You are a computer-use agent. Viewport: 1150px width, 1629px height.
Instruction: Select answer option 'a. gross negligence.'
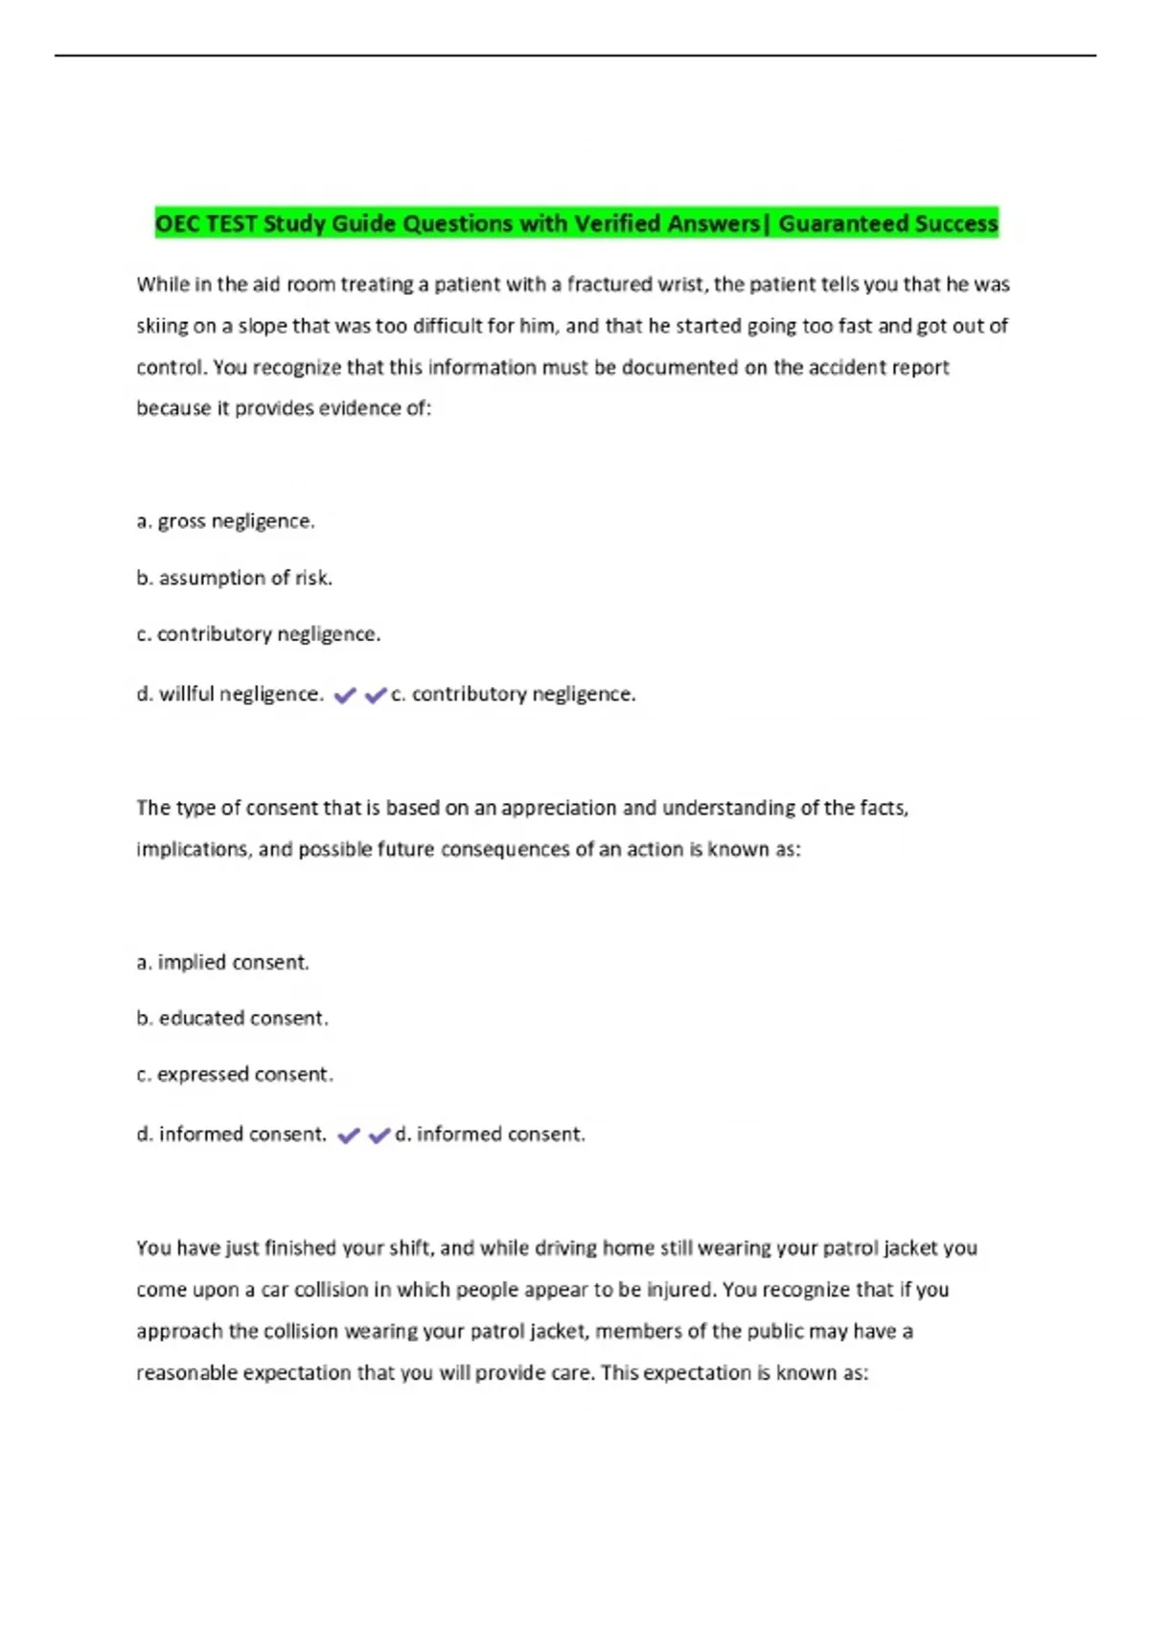[225, 521]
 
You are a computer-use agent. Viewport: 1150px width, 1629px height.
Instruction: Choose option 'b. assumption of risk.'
[234, 578]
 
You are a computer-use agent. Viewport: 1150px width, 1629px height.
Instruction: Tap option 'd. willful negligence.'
[230, 694]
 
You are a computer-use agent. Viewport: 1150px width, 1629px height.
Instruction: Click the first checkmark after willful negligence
[345, 696]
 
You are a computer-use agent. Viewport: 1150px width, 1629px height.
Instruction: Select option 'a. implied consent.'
[222, 962]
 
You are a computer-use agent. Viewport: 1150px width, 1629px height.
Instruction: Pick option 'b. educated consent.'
[232, 1018]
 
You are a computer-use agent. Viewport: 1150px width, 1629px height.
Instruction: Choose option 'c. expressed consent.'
[235, 1074]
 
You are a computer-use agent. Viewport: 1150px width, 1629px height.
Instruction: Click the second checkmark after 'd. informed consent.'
[379, 1136]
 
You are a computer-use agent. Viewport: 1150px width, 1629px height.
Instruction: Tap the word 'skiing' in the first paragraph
[162, 326]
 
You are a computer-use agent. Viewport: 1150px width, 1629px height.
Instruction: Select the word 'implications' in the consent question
[192, 849]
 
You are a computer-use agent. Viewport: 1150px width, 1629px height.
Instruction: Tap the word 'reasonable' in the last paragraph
[186, 1372]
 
